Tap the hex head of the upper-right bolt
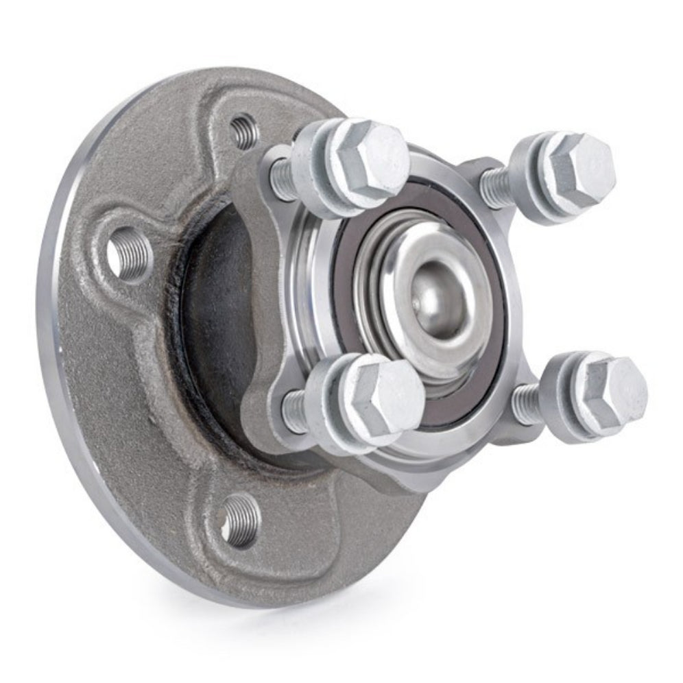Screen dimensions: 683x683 point(579,168)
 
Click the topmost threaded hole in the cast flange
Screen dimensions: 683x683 point(242,130)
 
